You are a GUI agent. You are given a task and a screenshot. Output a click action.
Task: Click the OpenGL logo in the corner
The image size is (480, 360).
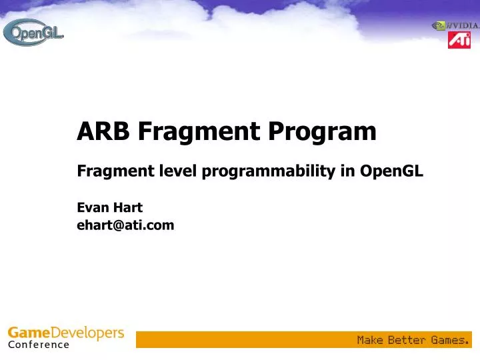coord(33,31)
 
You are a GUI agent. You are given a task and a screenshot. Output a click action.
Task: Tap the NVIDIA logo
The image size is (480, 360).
coord(456,26)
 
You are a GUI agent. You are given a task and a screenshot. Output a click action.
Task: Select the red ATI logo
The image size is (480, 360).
coord(459,41)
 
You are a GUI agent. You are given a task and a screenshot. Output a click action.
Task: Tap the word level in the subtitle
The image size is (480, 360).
coord(179,171)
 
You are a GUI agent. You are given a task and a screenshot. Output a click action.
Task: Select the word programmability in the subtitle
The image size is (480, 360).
coord(269,171)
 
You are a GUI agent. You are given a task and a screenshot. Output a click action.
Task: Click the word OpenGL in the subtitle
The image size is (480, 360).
coord(391,171)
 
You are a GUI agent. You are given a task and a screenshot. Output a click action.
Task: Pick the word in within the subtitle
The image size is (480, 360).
coord(348,171)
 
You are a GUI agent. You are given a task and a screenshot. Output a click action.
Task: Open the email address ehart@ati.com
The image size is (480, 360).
coord(125,225)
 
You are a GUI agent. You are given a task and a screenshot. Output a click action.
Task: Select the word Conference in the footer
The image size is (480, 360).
coord(39,345)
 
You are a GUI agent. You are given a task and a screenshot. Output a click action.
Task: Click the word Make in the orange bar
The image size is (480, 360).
coord(370,340)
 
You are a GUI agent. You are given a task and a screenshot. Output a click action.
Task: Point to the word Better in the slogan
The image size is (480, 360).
coord(407,340)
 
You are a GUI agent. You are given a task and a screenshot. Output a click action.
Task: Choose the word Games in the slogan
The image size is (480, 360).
coord(449,340)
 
